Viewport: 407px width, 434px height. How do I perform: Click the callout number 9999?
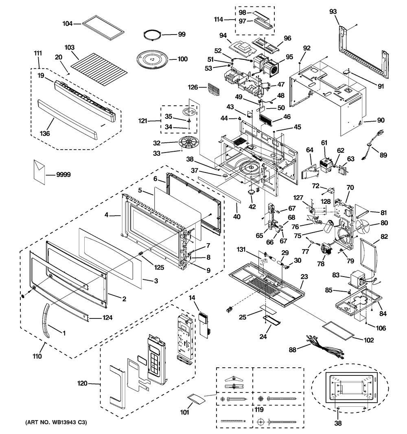point(63,175)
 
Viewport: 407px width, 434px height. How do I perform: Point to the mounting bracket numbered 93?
point(361,53)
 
